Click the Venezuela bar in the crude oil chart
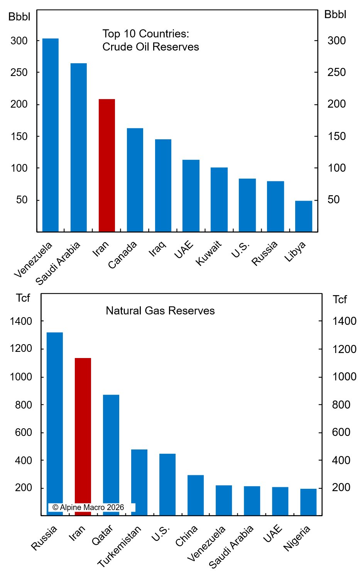(50, 135)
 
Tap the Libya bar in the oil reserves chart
(304, 216)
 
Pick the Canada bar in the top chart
(135, 180)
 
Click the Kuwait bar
(219, 199)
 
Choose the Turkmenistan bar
(139, 482)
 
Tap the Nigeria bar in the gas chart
(308, 502)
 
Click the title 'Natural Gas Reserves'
(160, 311)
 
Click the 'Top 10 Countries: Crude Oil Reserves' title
(150, 40)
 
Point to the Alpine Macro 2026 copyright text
(88, 507)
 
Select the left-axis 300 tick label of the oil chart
(19, 41)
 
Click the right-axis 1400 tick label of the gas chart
(344, 321)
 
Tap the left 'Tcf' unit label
(23, 298)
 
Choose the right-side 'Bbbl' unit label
(335, 15)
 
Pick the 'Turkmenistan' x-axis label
(119, 546)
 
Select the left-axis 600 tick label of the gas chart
(23, 432)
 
